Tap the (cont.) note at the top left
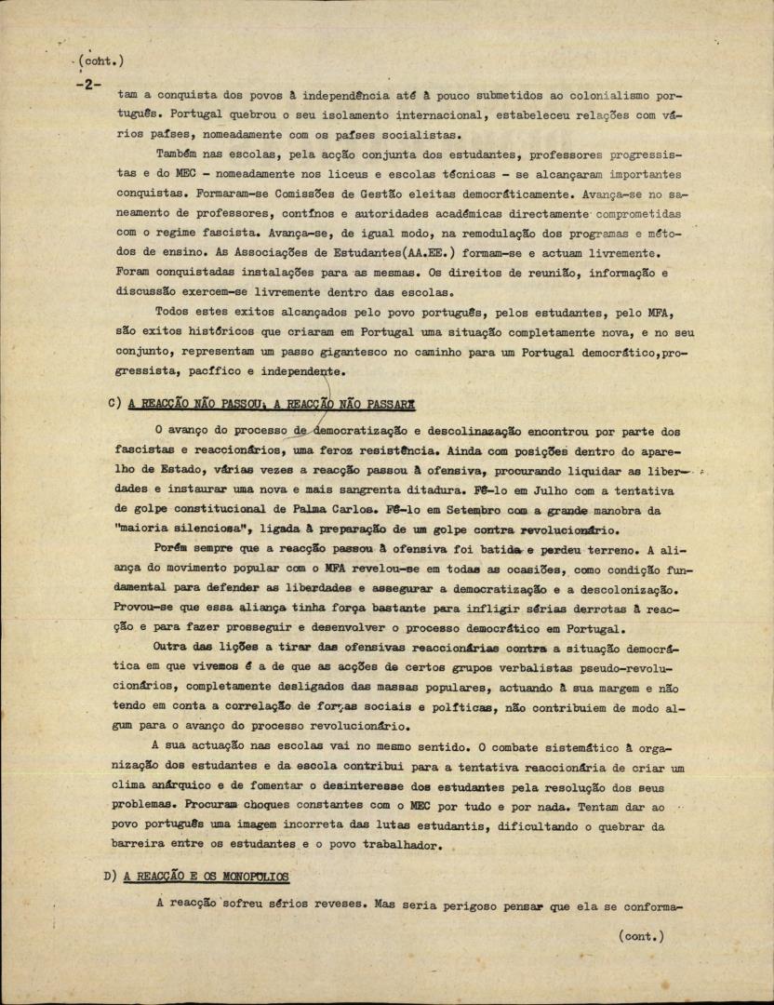click(102, 61)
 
